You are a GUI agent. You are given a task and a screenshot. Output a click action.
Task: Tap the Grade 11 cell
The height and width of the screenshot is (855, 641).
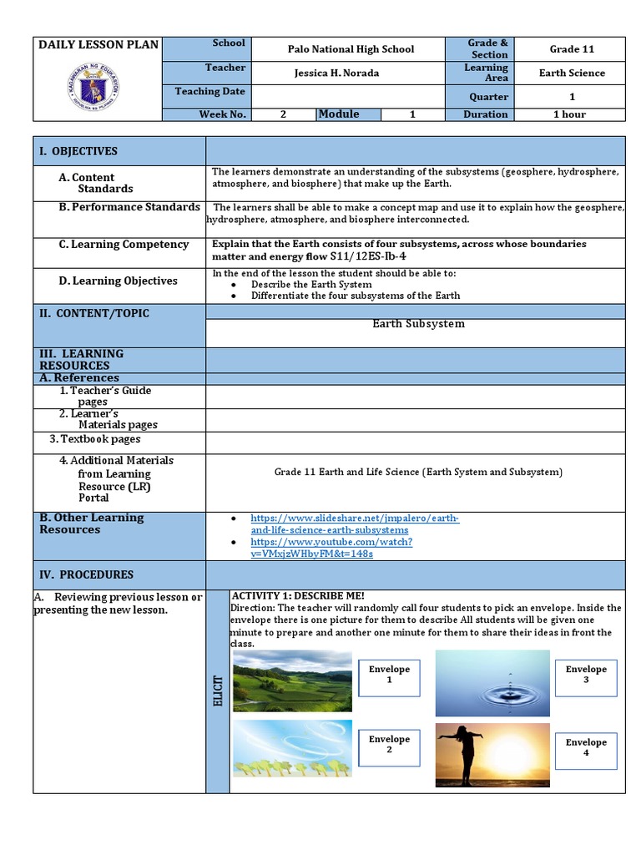tap(572, 49)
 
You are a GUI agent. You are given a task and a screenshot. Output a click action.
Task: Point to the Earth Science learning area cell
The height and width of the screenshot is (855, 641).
tap(572, 73)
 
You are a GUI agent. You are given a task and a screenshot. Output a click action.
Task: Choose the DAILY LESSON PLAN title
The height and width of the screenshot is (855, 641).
tap(98, 44)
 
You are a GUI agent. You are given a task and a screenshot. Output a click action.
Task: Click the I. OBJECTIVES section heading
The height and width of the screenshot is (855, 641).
tap(78, 151)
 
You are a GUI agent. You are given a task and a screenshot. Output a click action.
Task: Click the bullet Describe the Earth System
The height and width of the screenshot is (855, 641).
tap(310, 284)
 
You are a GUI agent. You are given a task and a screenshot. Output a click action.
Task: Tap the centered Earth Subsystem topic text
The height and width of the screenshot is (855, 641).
tap(418, 323)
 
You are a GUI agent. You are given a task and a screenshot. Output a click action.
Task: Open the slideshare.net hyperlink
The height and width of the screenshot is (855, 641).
tap(355, 524)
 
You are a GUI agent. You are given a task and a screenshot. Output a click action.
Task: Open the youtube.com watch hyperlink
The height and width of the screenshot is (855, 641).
tap(331, 547)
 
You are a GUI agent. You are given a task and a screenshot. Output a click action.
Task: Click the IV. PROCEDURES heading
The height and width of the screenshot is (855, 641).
tap(84, 574)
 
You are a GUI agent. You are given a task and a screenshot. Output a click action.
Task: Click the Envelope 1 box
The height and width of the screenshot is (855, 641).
tap(390, 675)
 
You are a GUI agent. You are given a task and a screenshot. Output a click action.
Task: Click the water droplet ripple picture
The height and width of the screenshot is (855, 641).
tap(492, 683)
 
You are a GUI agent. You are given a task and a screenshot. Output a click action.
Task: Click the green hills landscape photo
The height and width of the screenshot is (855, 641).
tap(292, 681)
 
